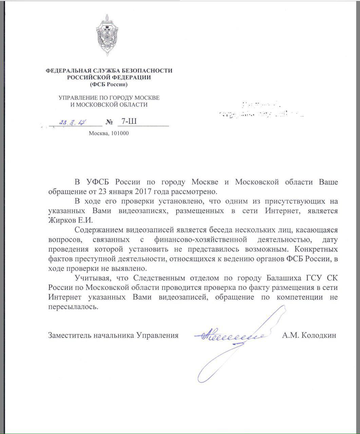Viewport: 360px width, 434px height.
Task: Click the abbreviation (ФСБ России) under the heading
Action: click(109, 84)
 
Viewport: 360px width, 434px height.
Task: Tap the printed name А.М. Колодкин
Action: click(309, 335)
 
